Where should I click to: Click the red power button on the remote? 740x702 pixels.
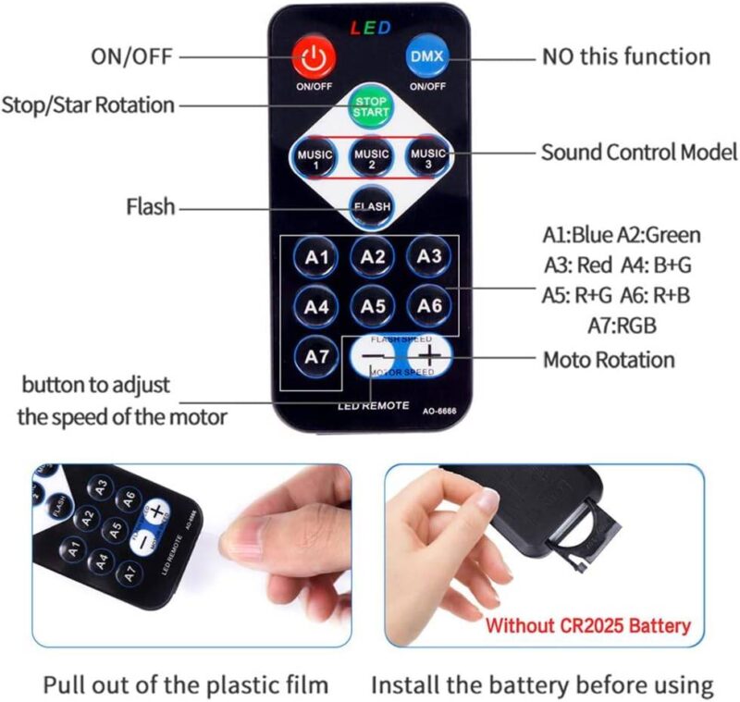tap(314, 59)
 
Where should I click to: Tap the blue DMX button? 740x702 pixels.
tap(426, 57)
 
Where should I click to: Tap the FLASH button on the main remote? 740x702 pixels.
tap(372, 206)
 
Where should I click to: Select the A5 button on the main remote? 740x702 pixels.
tap(373, 305)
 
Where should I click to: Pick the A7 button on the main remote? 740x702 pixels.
tap(317, 355)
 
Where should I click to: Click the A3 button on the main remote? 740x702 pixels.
tap(429, 257)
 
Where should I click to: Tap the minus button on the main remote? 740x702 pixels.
tap(372, 357)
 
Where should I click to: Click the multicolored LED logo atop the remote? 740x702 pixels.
tap(370, 28)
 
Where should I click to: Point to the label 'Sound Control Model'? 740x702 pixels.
tap(639, 152)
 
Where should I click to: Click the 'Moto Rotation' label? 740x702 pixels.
tap(609, 359)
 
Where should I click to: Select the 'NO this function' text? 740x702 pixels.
tap(626, 56)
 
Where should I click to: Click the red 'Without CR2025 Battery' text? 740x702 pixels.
tap(588, 626)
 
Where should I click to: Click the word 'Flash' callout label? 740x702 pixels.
tap(150, 207)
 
